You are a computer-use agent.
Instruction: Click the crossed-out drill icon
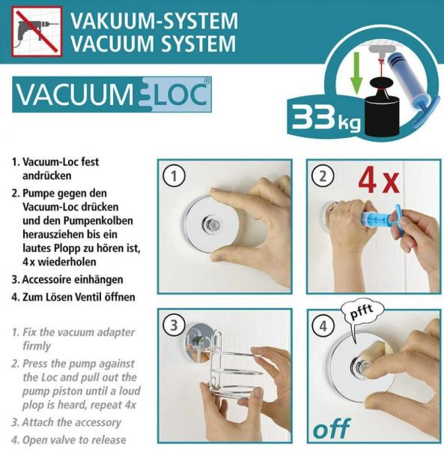37,31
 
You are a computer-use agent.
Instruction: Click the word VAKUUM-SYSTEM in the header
154,20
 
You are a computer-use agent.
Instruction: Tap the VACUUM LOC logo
112,94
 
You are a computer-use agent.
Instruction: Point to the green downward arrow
356,73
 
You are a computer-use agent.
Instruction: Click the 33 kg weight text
326,118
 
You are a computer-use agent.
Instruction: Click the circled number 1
174,176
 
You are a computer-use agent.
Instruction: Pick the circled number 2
323,176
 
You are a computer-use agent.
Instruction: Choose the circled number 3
174,325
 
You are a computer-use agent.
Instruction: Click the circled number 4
323,326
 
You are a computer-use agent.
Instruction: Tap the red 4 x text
379,181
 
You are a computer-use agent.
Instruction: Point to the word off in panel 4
332,428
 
